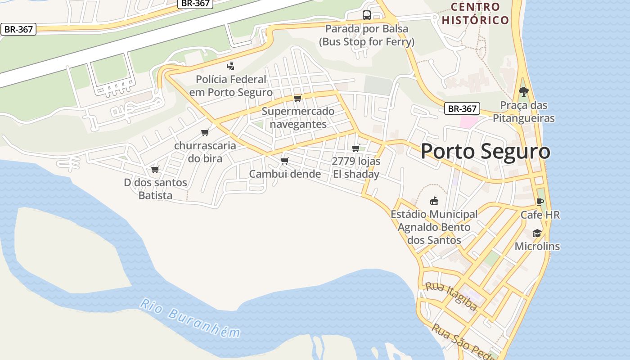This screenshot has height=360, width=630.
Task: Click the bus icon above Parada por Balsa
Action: pos(367,15)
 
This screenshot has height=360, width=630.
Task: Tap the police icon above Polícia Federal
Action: pos(230,66)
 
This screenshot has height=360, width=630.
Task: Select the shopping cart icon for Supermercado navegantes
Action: pos(297,98)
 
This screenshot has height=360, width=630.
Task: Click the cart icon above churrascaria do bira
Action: pos(205,132)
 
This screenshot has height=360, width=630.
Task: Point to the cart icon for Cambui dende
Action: pos(284,161)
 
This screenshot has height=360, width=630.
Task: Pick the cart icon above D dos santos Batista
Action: pos(155,169)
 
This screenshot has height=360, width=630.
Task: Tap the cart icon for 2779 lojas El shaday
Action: pos(355,148)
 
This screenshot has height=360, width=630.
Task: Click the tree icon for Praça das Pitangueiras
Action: pos(523,91)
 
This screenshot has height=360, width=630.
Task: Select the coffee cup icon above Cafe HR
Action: pos(540,202)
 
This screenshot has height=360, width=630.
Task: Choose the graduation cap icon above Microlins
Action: pos(537,233)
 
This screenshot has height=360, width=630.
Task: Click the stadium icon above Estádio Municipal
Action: pos(434,201)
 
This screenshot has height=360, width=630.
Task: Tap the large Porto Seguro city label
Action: pos(485,152)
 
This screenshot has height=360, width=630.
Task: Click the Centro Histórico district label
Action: pos(475,13)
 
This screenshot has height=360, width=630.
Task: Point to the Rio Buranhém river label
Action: pos(189,318)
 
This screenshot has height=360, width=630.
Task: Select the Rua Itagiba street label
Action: pos(451,297)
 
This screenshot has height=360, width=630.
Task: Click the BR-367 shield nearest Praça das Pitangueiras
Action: pos(462,108)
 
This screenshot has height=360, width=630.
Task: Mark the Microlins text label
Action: pos(537,246)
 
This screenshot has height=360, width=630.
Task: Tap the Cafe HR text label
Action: pos(540,215)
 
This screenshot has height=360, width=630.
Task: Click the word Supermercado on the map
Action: pos(298,111)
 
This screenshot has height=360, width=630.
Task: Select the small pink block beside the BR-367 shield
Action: pos(468,122)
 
